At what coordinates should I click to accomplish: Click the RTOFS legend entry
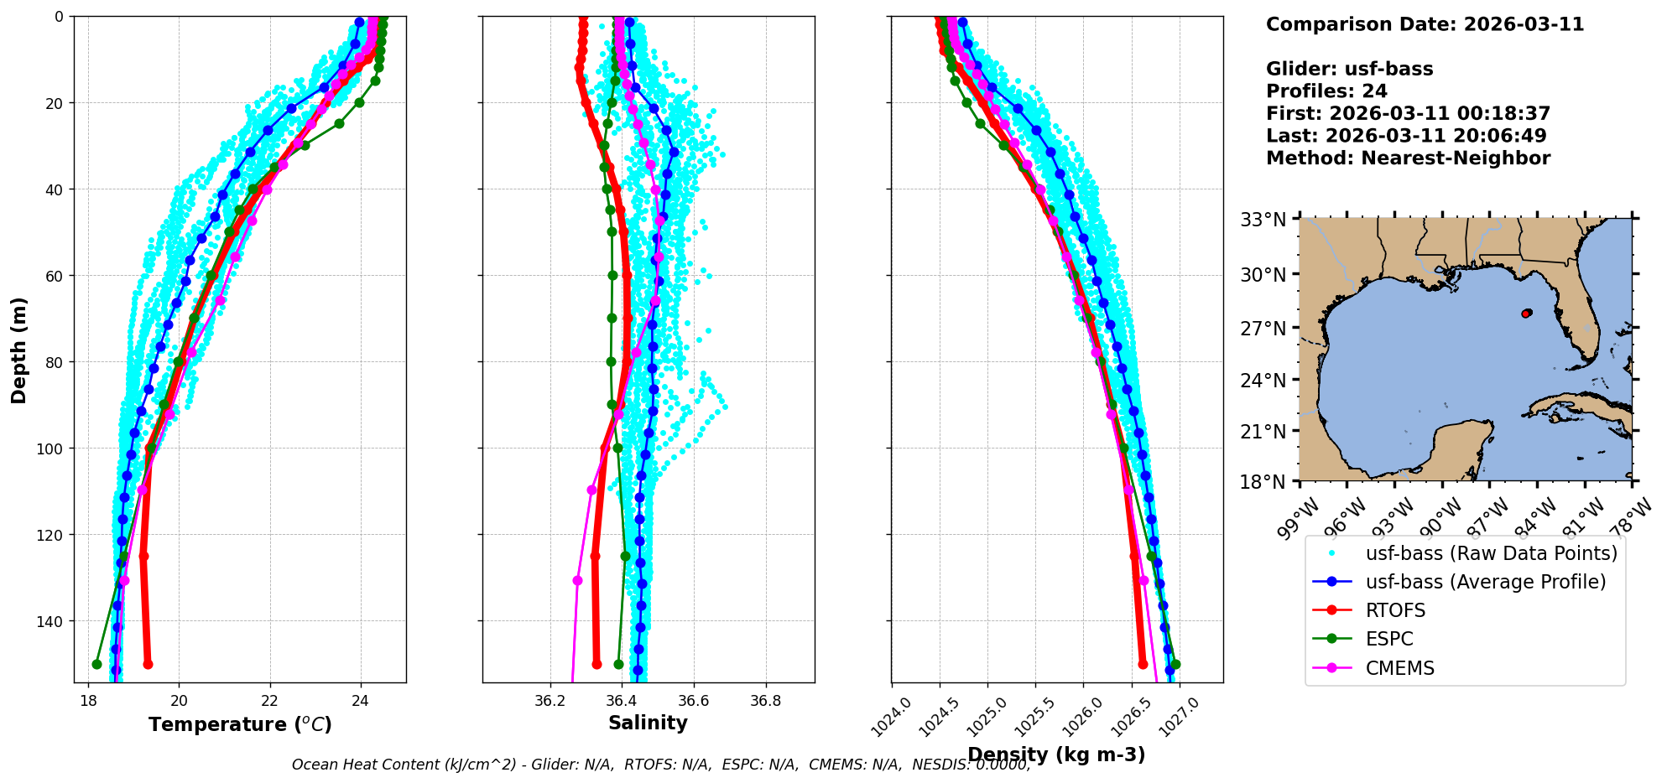pos(1395,611)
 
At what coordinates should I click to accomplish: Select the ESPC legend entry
pos(1389,640)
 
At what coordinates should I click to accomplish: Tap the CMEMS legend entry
pos(1399,669)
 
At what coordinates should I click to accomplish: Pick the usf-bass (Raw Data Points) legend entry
pos(1491,553)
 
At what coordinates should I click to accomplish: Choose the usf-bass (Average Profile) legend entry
pos(1485,583)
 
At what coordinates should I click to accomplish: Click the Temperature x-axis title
pos(240,724)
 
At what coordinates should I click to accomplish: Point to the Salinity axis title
pos(648,723)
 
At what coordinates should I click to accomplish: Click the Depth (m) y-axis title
pos(19,350)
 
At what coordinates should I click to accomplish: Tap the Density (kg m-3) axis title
pos(1056,754)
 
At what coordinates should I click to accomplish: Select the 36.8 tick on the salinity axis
pos(765,701)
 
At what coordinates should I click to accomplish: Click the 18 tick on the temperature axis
pos(88,701)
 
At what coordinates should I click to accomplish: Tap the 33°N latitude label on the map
pos(1263,220)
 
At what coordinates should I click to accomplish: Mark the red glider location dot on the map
pos(1526,314)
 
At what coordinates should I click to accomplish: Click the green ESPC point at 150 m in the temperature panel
pos(96,664)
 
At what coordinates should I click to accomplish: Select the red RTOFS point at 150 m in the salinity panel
pos(596,664)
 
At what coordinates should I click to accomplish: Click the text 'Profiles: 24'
pos(1326,91)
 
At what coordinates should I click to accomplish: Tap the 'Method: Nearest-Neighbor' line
pos(1408,158)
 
